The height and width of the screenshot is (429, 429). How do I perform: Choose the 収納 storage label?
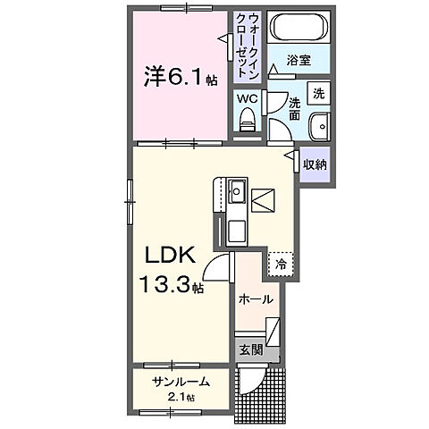point(314,164)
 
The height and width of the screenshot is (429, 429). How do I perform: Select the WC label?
point(247,99)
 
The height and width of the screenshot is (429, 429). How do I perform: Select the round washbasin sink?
point(320,124)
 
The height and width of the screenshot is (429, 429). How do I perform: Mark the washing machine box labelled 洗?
point(318,92)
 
